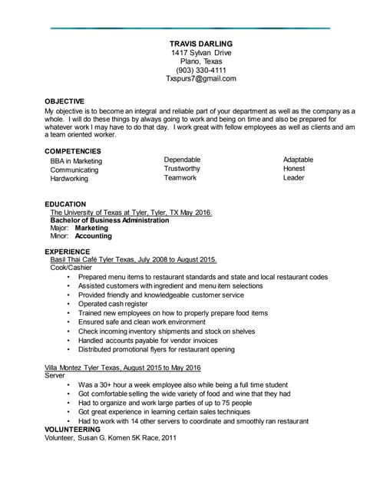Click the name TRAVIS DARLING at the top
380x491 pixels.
201,44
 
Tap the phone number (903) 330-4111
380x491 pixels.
201,70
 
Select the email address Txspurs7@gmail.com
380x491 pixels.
201,79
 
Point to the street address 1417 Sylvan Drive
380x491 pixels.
201,53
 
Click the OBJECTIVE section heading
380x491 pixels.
64,101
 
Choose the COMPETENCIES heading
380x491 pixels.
73,151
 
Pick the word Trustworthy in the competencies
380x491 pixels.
182,169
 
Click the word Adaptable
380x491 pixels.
298,160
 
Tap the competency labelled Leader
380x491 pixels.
293,178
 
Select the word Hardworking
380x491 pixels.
69,179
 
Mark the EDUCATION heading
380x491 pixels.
65,204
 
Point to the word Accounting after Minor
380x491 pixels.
93,236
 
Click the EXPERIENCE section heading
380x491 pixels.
68,252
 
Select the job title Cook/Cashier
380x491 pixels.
69,268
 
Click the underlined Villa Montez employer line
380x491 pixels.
123,368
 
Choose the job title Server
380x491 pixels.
55,377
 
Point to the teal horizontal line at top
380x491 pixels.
190,28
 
